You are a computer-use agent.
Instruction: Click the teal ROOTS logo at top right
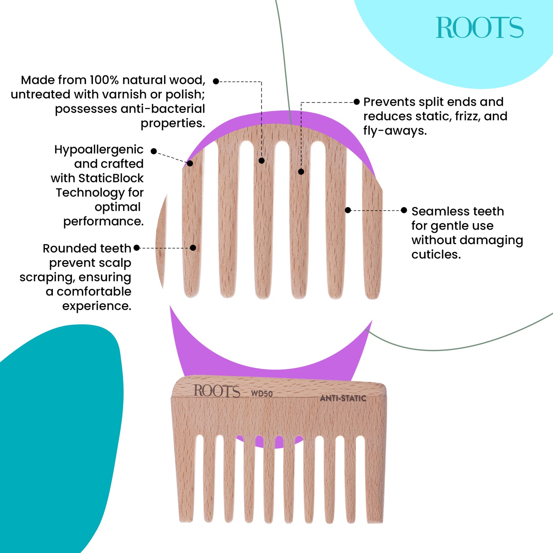click(480, 28)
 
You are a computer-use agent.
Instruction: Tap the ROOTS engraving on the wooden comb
click(217, 391)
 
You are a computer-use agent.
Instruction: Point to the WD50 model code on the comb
click(262, 393)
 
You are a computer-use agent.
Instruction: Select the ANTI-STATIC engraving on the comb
click(343, 398)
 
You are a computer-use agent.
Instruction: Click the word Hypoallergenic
click(99, 150)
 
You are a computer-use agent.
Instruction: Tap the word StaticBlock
click(111, 178)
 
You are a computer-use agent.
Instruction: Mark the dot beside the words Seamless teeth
click(404, 210)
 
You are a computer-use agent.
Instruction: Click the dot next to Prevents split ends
click(357, 101)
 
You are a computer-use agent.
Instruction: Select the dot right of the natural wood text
click(216, 81)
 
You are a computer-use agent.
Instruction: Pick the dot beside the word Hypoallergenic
click(153, 151)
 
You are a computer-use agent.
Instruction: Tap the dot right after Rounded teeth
click(137, 248)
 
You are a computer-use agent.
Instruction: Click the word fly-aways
click(395, 131)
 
